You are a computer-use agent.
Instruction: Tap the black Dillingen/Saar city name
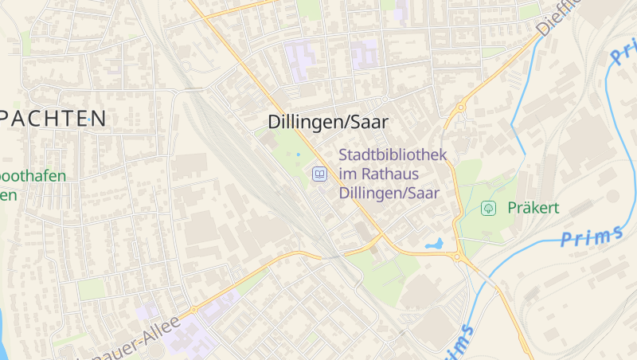(x=328, y=122)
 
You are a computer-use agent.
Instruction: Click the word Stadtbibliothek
(x=393, y=155)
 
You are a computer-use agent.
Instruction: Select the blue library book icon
(x=319, y=173)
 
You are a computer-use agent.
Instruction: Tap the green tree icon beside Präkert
(x=489, y=209)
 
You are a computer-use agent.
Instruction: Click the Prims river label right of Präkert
(x=591, y=237)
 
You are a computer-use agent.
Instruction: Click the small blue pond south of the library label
(x=435, y=244)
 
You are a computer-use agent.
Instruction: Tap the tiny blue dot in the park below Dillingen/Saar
(x=299, y=154)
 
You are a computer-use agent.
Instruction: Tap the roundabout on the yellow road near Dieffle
(x=460, y=108)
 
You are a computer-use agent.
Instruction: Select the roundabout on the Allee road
(x=193, y=310)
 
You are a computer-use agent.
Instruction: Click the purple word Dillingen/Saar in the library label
(x=389, y=193)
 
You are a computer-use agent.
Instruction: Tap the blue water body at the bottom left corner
(x=3, y=335)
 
